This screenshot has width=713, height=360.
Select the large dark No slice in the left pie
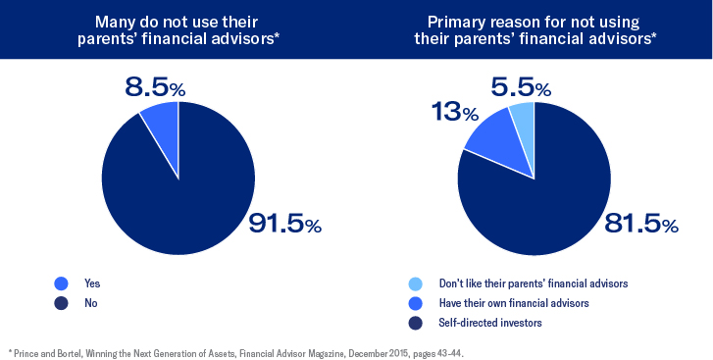point(181,186)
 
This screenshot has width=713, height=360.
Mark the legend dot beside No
point(61,303)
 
